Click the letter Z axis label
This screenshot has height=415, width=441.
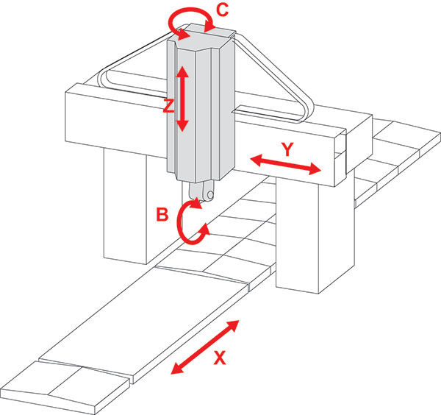pyautogui.click(x=168, y=105)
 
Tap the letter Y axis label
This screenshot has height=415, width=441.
pyautogui.click(x=287, y=148)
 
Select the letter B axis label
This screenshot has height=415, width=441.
pyautogui.click(x=162, y=216)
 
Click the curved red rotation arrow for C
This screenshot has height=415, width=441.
pyautogui.click(x=193, y=20)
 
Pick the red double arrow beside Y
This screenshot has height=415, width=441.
pyautogui.click(x=285, y=165)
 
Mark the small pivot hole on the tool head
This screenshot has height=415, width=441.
pyautogui.click(x=209, y=196)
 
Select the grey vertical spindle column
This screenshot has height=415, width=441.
pyautogui.click(x=198, y=110)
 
